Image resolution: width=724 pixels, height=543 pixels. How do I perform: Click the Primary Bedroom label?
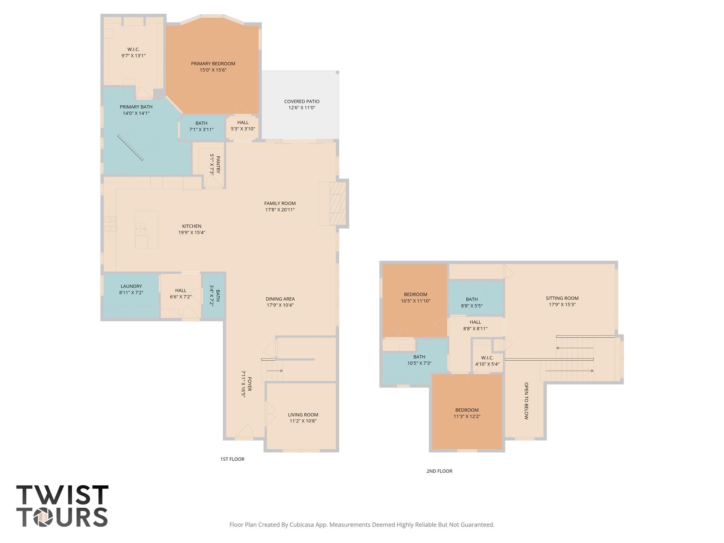coord(213,64)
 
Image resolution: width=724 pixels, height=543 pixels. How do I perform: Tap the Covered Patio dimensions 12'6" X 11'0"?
coord(302,108)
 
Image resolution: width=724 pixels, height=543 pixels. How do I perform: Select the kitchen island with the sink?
coord(146,229)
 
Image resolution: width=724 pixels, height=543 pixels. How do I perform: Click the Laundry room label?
coord(131,286)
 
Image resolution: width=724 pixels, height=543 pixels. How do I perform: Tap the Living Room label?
coord(303,415)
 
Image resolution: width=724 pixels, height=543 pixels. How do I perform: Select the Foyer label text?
coord(249,384)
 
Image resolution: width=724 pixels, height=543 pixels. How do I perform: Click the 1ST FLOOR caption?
coord(232,459)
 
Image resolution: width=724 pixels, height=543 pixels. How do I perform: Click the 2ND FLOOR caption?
coord(439,471)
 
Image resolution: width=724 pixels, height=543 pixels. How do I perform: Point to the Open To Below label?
coord(526,401)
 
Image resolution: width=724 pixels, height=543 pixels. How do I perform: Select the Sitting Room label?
coord(562,298)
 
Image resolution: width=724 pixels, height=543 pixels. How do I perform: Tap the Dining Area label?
coord(280,299)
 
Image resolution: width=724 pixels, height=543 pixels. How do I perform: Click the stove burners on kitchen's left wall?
coord(110,224)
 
